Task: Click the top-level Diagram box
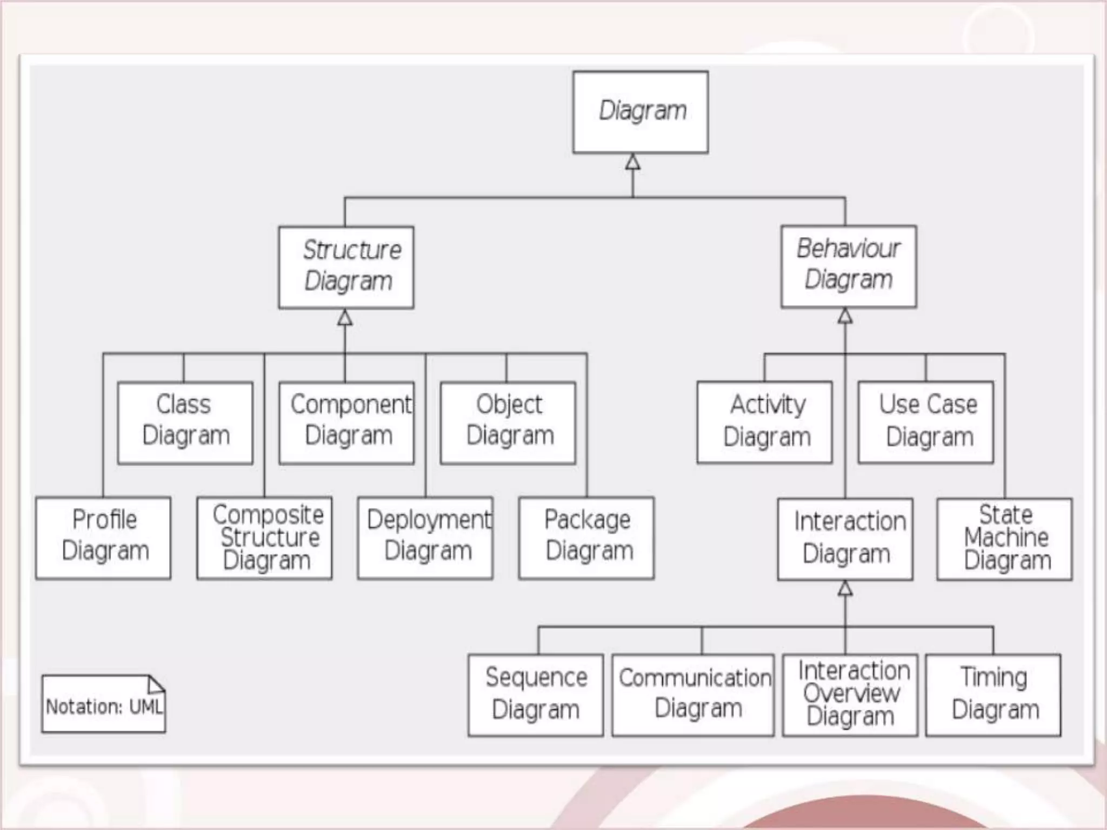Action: coord(641,112)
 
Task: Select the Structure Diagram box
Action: coord(346,267)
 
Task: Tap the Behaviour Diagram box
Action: coord(849,266)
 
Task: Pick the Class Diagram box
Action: coord(185,423)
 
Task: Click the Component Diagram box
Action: coord(346,423)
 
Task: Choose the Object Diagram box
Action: coord(508,423)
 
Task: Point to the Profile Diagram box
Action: coord(103,538)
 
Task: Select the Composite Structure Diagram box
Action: coord(264,538)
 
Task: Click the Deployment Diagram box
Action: coord(425,538)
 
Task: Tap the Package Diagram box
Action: coord(586,538)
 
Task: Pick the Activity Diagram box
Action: coord(764,422)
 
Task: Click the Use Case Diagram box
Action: coord(926,422)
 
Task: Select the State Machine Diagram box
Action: coord(1005,539)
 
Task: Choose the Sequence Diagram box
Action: coord(536,695)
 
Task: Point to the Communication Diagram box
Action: coord(693,695)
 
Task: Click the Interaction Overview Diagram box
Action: coord(850,695)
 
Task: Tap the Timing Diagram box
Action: coord(993,695)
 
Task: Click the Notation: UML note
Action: coord(104,704)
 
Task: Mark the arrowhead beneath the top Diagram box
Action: coord(633,162)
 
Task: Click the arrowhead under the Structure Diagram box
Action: coord(345,318)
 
